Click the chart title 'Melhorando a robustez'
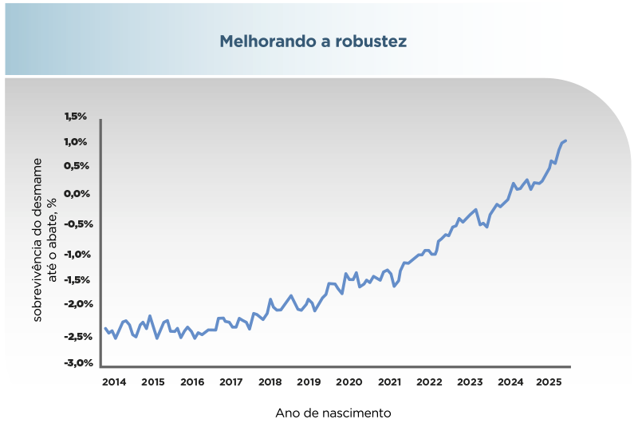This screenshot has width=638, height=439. pos(313,41)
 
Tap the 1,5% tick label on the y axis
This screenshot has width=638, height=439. pos(76,117)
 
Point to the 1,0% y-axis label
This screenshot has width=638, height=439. pos(76,142)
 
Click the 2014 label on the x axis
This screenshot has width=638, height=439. pos(114,382)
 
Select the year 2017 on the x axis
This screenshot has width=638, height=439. pos(231,382)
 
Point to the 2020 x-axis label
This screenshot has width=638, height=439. pos(349,382)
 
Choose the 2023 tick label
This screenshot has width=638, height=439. pos(469,382)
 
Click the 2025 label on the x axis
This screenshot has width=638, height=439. pos(549,382)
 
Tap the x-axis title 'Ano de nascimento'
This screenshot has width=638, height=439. pos(333,413)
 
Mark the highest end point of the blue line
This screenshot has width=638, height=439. pos(565,140)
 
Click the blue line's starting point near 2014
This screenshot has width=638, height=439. pos(105,328)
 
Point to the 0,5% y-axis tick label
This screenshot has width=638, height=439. pos(76,166)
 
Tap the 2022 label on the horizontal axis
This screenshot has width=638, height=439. pos(429,382)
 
